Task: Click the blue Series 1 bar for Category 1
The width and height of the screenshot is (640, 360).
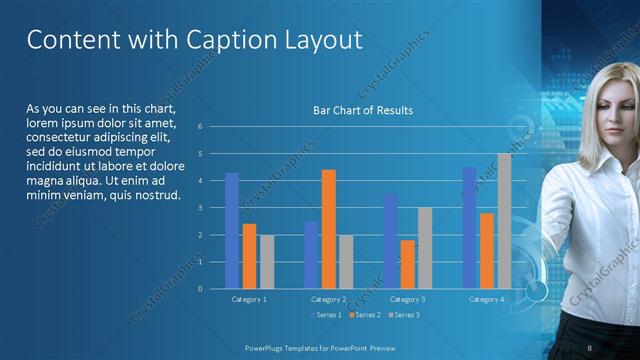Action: pos(232,231)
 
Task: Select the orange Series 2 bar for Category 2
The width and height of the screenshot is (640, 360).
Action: pos(328,229)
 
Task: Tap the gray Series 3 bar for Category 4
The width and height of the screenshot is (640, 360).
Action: pos(504,221)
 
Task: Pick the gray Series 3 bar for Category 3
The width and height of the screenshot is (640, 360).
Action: pos(425,248)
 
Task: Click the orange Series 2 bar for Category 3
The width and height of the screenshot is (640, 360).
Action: pos(407,264)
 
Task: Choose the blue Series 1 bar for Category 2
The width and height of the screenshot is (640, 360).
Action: pos(311,255)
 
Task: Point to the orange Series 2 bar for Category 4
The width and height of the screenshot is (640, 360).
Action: pos(486,251)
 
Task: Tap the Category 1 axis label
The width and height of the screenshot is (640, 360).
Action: pos(249,299)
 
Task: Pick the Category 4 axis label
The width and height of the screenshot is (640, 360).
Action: pos(487,299)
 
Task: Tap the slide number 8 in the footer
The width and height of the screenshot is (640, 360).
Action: pos(590,346)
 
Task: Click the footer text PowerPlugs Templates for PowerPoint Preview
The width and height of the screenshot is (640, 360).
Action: pos(319,346)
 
